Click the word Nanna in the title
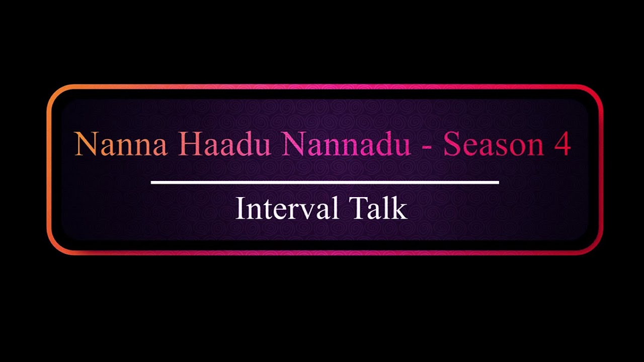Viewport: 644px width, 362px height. (x=121, y=144)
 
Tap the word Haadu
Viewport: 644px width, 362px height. (x=224, y=144)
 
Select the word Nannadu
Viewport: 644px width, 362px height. (x=346, y=144)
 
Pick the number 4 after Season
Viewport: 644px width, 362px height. (x=562, y=144)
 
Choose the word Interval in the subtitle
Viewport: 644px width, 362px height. (x=287, y=209)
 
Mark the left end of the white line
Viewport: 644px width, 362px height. (x=152, y=182)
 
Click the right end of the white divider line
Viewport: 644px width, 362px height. (x=498, y=182)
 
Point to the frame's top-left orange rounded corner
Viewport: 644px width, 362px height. (x=55, y=93)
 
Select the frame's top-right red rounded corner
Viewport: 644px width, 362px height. (x=595, y=93)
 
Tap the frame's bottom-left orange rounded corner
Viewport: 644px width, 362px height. (x=55, y=246)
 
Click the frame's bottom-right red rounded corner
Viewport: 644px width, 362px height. (x=595, y=246)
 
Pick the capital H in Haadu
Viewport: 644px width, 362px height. (x=189, y=144)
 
